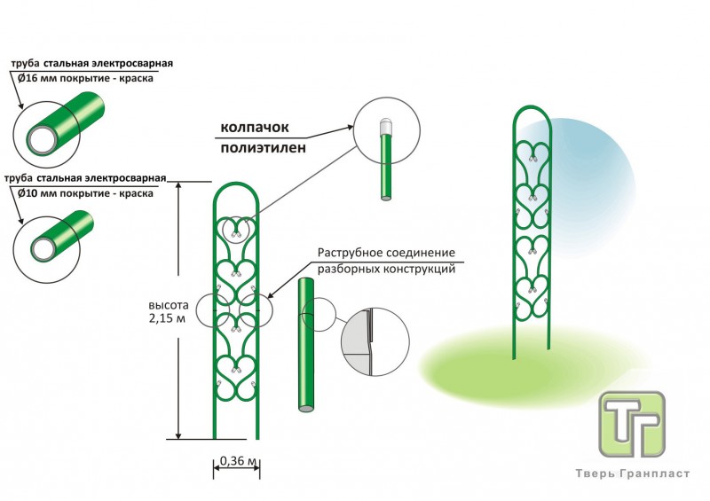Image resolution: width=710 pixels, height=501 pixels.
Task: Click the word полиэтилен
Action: click(x=264, y=148)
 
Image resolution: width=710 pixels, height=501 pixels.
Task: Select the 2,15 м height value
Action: click(x=166, y=319)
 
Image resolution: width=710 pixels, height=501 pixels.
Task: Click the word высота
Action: click(x=166, y=306)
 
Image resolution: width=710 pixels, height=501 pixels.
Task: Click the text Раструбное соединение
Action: click(x=386, y=254)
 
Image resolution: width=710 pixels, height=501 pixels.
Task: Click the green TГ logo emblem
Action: click(x=632, y=424)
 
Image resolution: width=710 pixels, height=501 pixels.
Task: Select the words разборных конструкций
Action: click(x=386, y=268)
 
